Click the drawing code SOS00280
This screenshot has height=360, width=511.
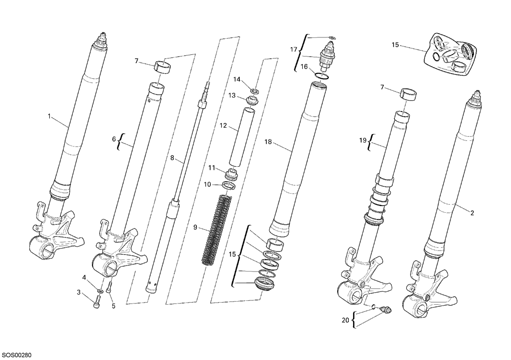[x=16, y=355]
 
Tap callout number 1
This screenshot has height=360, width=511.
[x=49, y=116]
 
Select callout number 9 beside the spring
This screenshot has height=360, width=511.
[x=195, y=227]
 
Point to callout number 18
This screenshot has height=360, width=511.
[x=268, y=142]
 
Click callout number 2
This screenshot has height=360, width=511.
[x=472, y=213]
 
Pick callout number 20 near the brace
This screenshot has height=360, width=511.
[x=346, y=320]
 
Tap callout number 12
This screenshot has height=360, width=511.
[x=223, y=126]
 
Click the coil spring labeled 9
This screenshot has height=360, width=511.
[x=217, y=230]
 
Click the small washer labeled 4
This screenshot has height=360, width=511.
[x=100, y=291]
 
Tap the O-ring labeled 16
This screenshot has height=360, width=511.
[x=322, y=76]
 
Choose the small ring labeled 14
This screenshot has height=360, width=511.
[x=255, y=91]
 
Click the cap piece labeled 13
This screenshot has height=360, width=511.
[x=252, y=100]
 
